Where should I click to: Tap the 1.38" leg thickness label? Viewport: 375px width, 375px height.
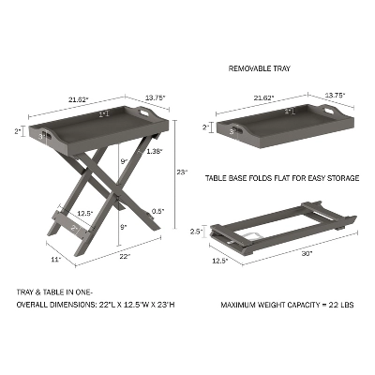(154, 151)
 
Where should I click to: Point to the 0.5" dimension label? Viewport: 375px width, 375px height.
(159, 211)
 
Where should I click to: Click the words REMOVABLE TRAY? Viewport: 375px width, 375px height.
(259, 68)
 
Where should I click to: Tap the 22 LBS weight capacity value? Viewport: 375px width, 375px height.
(340, 305)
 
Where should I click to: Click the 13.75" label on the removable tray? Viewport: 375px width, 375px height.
(335, 96)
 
